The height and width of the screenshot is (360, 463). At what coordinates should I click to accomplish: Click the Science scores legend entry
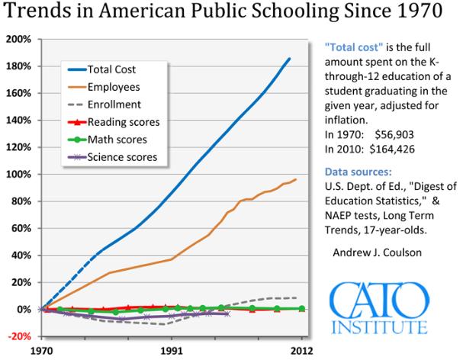pos(127,157)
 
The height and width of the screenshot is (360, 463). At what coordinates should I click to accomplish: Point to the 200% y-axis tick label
pos(18,39)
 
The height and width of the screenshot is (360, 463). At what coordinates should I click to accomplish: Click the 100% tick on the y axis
pos(18,174)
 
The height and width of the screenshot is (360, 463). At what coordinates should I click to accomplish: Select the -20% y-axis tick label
pos(18,336)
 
